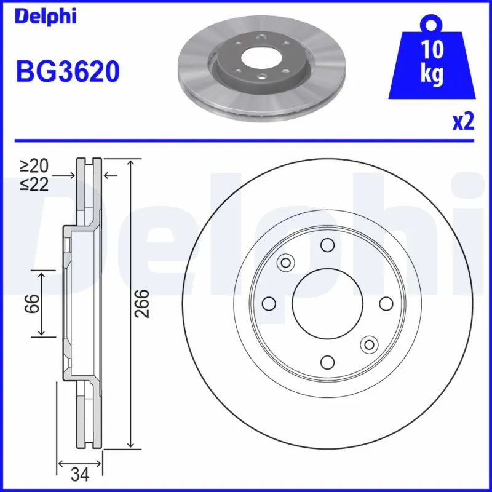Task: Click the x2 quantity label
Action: click(x=463, y=122)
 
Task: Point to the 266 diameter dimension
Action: click(x=143, y=303)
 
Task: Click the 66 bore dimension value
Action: click(x=33, y=303)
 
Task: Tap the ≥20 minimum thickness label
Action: click(x=34, y=165)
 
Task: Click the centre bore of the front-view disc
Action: click(x=327, y=304)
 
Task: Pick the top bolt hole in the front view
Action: click(x=327, y=245)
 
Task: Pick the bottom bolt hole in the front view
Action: click(x=327, y=362)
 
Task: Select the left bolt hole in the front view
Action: click(x=268, y=304)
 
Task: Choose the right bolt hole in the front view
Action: click(x=386, y=304)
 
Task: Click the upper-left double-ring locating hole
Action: click(x=285, y=263)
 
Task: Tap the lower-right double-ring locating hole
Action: click(x=369, y=344)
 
